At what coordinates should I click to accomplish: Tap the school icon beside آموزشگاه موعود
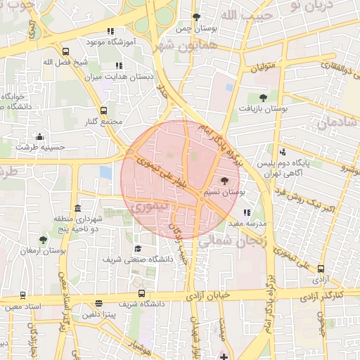(110, 31)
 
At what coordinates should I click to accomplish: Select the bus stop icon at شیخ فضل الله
(65, 51)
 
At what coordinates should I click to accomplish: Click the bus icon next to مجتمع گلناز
(104, 110)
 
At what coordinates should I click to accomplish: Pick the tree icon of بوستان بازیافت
(263, 98)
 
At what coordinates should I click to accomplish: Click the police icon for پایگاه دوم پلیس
(283, 151)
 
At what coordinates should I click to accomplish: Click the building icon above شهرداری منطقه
(77, 209)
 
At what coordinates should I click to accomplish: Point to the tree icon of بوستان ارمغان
(44, 240)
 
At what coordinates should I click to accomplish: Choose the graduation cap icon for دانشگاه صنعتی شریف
(138, 249)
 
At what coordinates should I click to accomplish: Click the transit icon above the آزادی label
(321, 269)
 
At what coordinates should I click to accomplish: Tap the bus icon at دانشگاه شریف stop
(142, 293)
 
